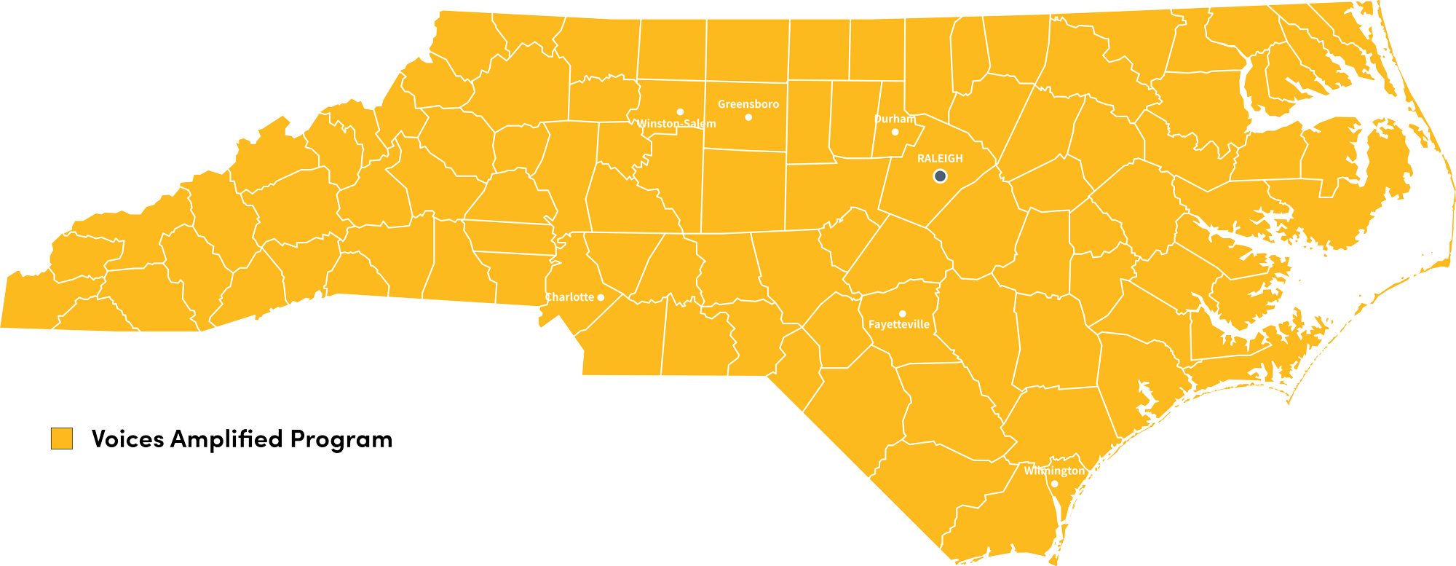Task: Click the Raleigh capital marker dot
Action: coord(940,176)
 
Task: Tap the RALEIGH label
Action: coord(940,158)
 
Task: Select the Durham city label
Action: coord(895,119)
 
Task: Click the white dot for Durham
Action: coord(895,132)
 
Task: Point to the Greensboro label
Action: coord(748,104)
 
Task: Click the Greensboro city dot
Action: coord(748,117)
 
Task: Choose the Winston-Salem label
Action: coord(676,124)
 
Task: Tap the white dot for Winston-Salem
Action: coord(680,111)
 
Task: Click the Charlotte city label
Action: coord(569,297)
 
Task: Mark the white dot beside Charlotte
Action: coord(601,297)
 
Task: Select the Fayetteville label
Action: coord(898,325)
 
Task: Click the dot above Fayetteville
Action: coord(902,313)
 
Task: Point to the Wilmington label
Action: coord(1053,471)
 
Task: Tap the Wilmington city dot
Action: coord(1054,484)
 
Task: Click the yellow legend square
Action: coord(61,439)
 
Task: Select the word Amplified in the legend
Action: coord(226,439)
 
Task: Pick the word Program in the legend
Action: coord(341,439)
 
